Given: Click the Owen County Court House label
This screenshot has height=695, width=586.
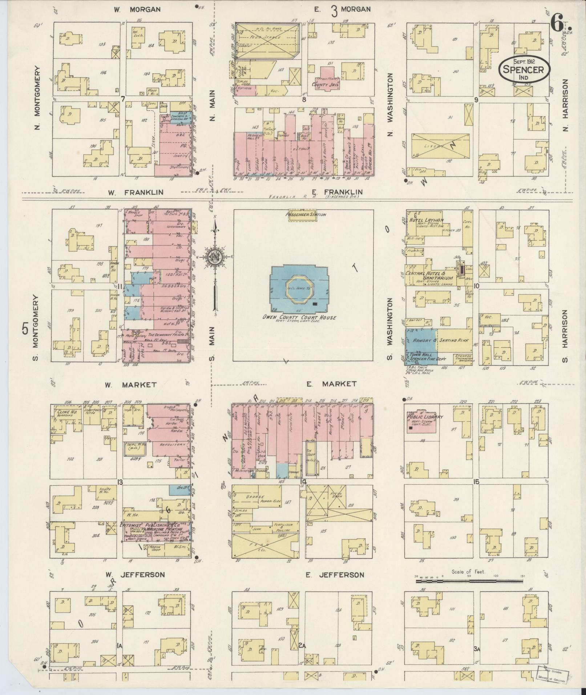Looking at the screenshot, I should click(300, 318).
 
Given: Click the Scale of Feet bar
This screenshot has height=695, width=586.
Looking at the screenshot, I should click(469, 581).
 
